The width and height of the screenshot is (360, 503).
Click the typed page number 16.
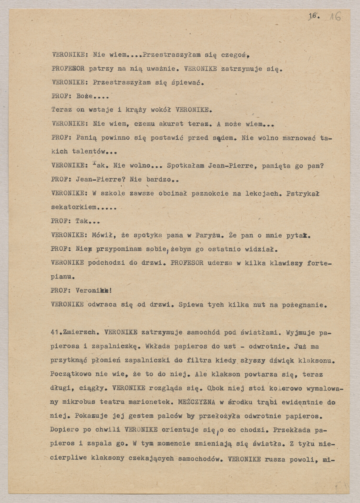pos(314,16)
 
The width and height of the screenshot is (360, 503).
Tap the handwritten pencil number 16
pos(335,17)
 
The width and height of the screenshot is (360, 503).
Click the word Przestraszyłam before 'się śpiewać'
pos(122,83)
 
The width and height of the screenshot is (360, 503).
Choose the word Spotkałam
pos(186,166)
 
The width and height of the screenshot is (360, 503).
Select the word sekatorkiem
pos(74,207)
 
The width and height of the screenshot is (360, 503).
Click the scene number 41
pos(54,333)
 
